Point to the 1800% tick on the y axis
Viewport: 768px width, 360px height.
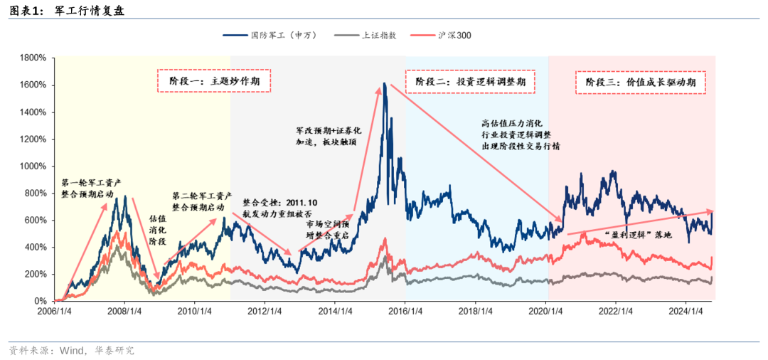[x=33, y=58]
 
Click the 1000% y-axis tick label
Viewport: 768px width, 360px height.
[x=33, y=166]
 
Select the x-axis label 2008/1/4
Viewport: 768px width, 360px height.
[x=124, y=310]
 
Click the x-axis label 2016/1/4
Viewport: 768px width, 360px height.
[x=405, y=310]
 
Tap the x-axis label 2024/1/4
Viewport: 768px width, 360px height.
[x=686, y=310]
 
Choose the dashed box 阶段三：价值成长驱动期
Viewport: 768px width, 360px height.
[x=640, y=82]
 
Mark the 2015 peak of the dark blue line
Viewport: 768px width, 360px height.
[x=384, y=84]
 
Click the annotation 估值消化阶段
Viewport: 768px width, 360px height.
[x=157, y=230]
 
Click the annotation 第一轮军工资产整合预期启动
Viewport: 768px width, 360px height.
[x=92, y=187]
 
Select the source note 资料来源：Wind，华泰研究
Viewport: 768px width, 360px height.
[x=71, y=351]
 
